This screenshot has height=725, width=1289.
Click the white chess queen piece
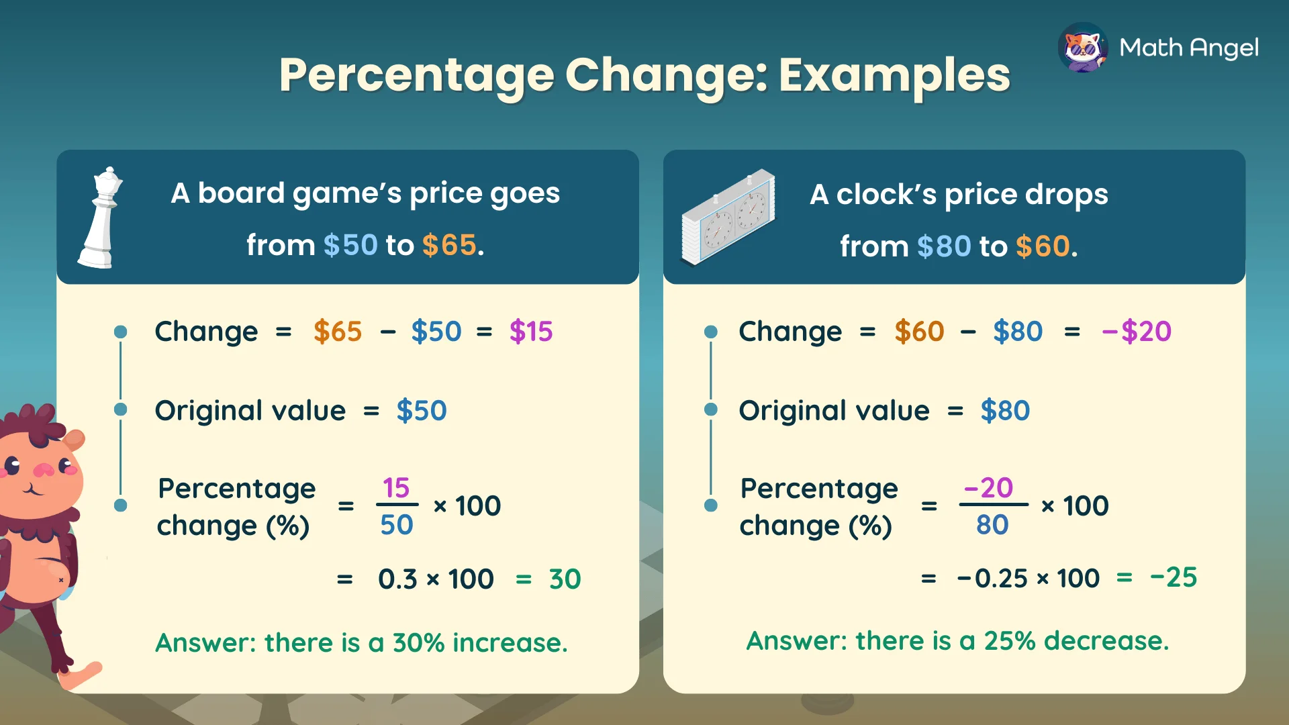pos(101,218)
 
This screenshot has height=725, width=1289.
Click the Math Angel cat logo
pos(1082,48)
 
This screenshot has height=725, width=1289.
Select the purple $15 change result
pos(530,332)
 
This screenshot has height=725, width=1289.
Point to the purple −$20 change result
pos(1137,332)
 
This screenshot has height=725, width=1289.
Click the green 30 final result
pos(565,579)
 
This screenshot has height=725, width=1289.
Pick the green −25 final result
pos(1174,577)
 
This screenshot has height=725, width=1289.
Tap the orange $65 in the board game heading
pos(449,245)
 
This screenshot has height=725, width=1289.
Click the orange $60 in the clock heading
pos(1043,246)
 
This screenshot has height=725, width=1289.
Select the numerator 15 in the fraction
pos(396,488)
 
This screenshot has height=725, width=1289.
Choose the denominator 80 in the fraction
pos(992,525)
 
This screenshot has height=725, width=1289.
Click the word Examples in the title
pos(894,75)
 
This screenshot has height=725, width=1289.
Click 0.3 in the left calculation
pos(397,579)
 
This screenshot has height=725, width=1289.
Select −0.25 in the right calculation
pos(992,578)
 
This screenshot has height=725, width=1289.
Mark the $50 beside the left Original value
pos(421,411)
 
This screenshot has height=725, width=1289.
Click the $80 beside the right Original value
pos(1005,411)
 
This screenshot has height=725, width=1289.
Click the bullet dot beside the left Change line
pos(121,332)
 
